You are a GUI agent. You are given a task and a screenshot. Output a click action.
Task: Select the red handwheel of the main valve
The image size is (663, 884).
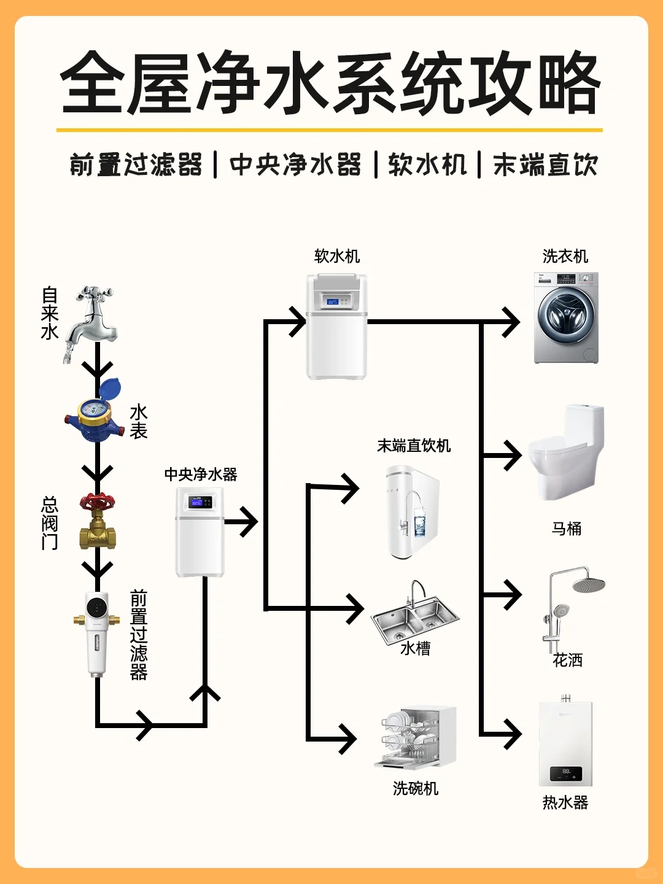point(97,502)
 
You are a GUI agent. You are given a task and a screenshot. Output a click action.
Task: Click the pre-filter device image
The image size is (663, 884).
point(97,632)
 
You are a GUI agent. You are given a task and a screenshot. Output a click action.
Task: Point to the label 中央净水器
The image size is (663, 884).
point(200,475)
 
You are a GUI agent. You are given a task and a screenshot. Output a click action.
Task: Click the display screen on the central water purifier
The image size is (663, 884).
point(197,503)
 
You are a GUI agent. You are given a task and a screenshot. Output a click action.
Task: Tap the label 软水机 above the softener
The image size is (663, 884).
point(336,256)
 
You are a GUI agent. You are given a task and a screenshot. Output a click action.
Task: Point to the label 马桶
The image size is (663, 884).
point(566,529)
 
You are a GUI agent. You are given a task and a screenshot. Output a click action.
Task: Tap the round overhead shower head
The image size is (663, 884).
point(589,584)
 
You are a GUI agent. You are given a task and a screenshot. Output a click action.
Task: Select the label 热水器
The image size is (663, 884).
point(565,802)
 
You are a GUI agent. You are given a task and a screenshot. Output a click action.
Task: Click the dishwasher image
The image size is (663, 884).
point(416,737)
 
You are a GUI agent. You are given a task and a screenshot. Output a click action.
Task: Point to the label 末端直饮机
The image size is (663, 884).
point(414,446)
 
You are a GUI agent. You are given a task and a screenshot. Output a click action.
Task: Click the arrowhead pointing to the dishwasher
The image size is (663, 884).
point(348,738)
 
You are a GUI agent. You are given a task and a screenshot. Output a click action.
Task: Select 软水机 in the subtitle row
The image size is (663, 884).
point(427,165)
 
